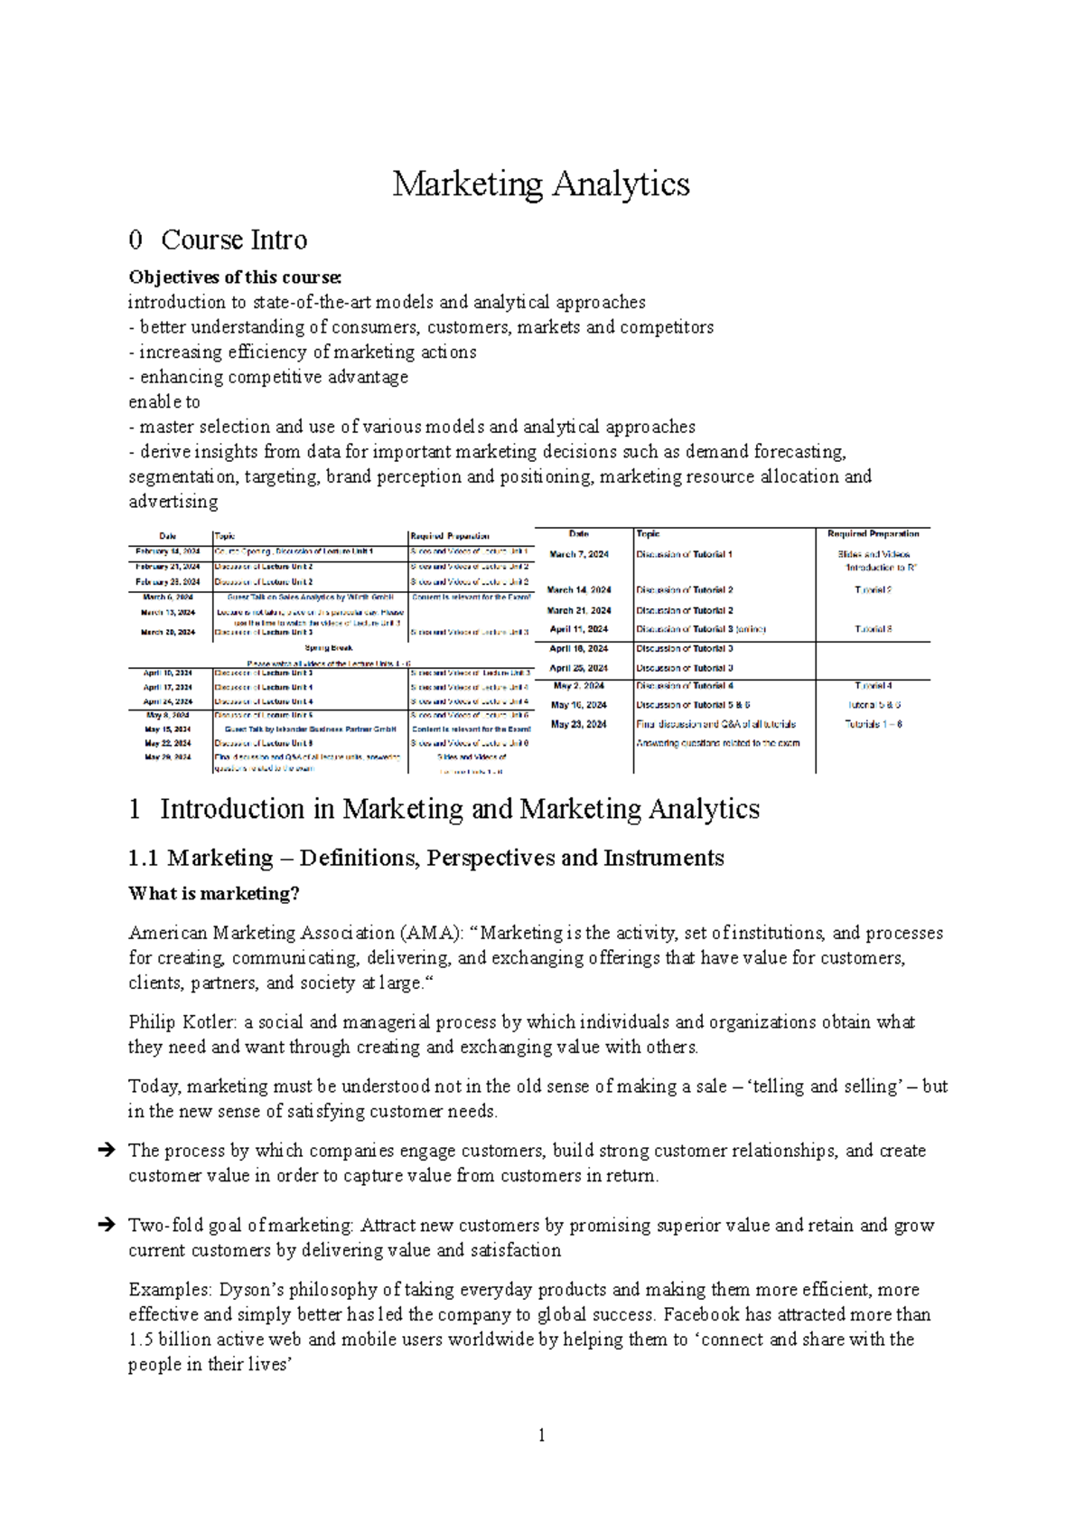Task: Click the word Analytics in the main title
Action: click(x=621, y=184)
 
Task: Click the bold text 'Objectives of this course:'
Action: click(x=235, y=277)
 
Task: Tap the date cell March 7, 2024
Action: click(x=579, y=554)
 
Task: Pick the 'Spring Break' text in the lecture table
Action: click(x=329, y=648)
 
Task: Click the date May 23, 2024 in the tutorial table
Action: click(x=579, y=724)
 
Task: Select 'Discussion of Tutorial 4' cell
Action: click(x=685, y=686)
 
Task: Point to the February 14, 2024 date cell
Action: click(x=168, y=551)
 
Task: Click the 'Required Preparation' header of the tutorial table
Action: click(x=873, y=534)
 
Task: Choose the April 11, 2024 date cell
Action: click(x=579, y=629)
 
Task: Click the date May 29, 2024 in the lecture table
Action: click(x=168, y=757)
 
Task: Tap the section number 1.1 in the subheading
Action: click(x=145, y=858)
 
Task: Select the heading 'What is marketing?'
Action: click(x=213, y=894)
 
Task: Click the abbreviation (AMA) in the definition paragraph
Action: click(x=431, y=933)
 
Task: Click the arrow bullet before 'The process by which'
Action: click(x=105, y=1151)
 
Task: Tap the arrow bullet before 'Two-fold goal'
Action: click(x=105, y=1226)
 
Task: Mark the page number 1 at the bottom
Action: click(x=541, y=1435)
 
